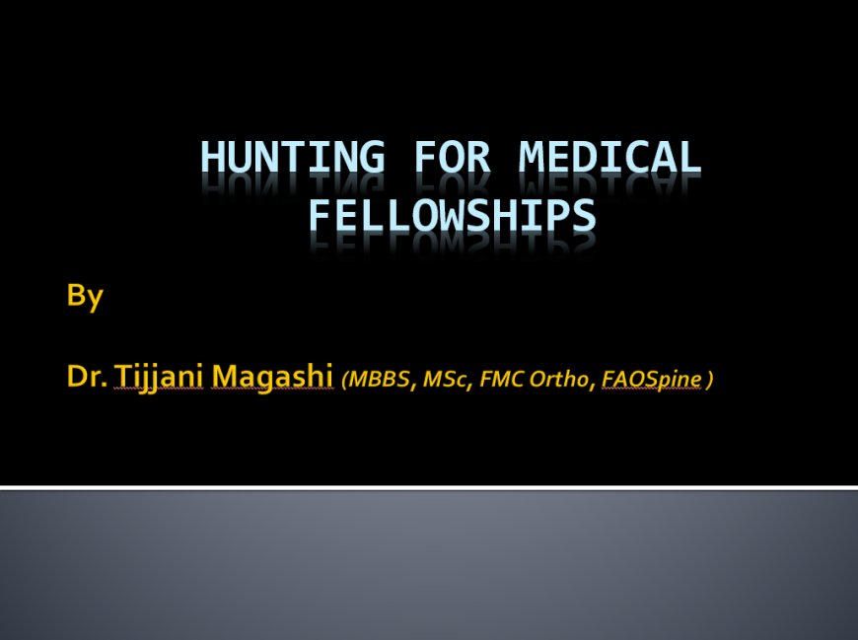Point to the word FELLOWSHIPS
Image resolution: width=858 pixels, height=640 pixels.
point(452,214)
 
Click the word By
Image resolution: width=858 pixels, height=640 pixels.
point(85,296)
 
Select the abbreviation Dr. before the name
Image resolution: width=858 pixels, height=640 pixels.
point(88,376)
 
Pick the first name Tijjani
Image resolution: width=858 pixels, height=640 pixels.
point(158,376)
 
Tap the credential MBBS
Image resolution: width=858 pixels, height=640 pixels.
point(379,378)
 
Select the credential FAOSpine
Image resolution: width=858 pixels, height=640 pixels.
point(651,378)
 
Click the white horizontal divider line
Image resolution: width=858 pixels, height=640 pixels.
point(429,487)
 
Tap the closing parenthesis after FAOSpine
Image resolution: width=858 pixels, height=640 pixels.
point(709,379)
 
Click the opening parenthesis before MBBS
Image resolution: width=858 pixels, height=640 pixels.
point(344,379)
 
